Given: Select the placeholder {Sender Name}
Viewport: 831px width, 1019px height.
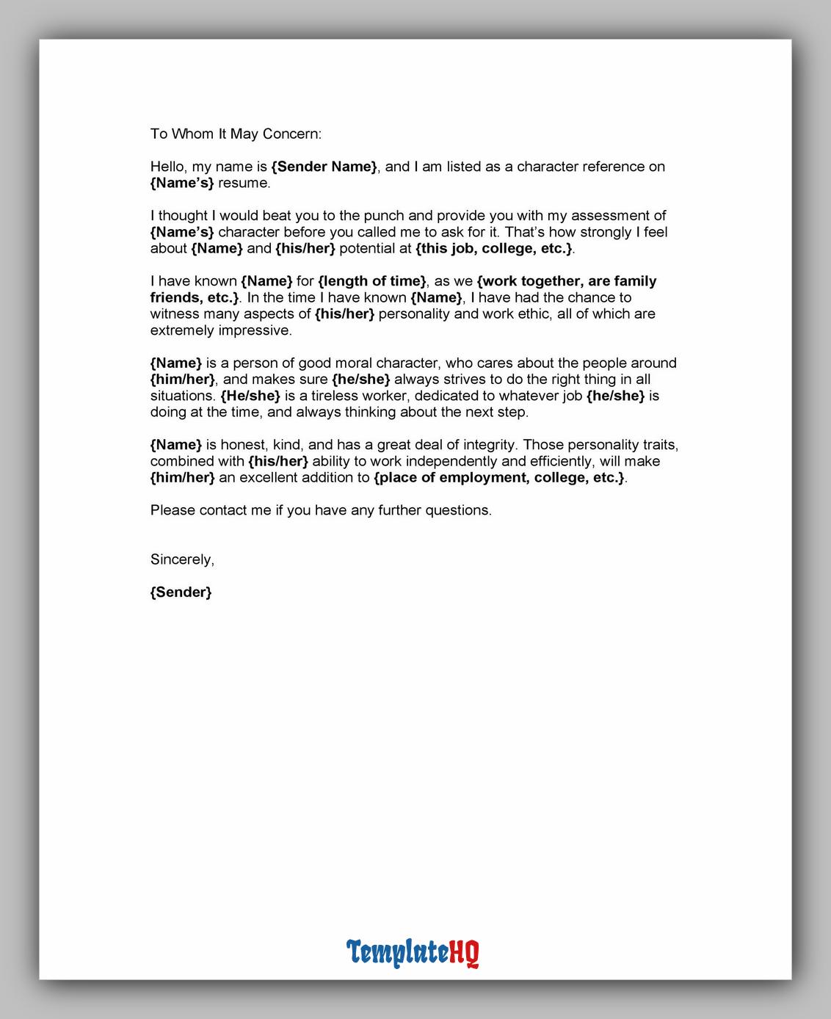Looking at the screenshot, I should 324,167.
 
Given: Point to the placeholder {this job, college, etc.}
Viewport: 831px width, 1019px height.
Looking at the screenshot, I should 493,248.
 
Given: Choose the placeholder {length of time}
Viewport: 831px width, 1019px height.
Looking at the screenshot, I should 372,281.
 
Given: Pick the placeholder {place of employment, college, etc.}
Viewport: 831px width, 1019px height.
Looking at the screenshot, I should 499,478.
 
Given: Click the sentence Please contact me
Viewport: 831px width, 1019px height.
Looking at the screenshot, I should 321,510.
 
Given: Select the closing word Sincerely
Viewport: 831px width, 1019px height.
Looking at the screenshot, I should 182,559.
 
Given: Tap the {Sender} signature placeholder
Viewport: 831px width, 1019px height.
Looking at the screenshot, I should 181,592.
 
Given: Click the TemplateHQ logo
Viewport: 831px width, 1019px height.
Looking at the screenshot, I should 413,952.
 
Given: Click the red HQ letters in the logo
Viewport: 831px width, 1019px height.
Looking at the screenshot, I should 464,952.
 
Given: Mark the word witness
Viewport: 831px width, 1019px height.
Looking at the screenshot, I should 175,313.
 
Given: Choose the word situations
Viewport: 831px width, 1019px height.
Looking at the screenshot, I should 181,396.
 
